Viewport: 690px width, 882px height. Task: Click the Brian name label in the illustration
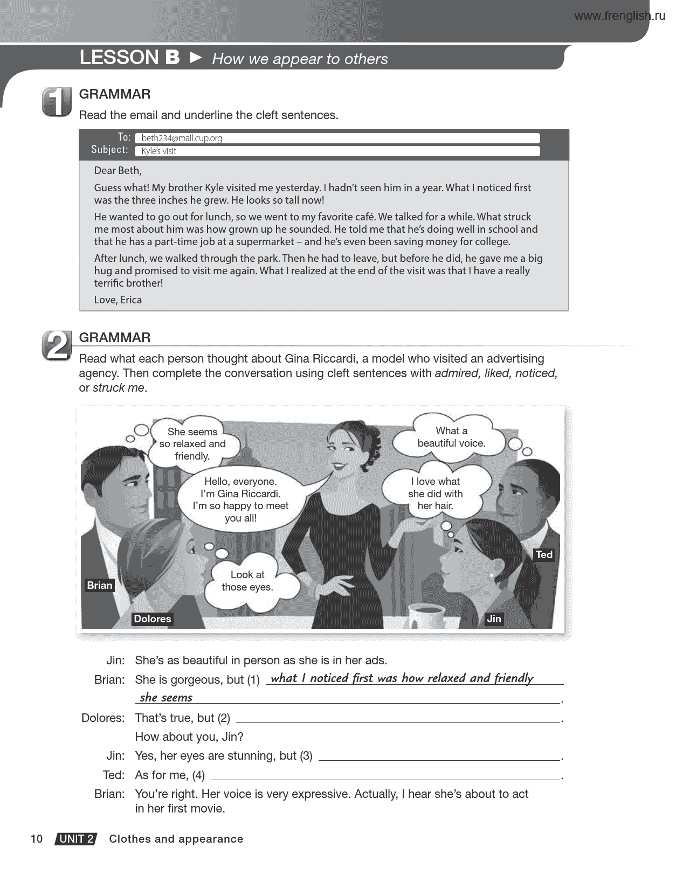(x=100, y=585)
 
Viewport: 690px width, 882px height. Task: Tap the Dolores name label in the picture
(x=152, y=619)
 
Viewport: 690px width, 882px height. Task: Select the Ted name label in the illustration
(x=544, y=554)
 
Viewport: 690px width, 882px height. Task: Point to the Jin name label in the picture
(x=494, y=619)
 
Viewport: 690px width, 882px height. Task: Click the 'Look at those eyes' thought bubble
(x=247, y=581)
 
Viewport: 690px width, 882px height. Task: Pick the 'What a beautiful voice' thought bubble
(x=451, y=437)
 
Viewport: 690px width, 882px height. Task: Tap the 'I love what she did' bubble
(x=435, y=494)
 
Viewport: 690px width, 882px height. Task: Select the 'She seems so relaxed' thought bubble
(x=192, y=443)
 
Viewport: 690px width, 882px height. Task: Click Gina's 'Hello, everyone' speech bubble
(x=240, y=499)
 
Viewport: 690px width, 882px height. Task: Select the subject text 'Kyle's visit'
(x=158, y=151)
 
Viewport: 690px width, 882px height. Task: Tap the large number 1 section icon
(x=57, y=101)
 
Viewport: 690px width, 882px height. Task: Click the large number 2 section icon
(x=57, y=345)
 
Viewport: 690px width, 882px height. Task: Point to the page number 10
(x=36, y=838)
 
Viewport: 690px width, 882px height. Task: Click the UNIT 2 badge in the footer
(x=76, y=839)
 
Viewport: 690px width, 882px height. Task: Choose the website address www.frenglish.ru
(x=619, y=16)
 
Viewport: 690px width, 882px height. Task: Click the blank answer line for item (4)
(x=385, y=776)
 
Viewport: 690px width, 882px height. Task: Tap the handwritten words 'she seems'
(x=166, y=698)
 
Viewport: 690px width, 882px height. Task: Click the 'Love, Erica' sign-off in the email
(x=118, y=300)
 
